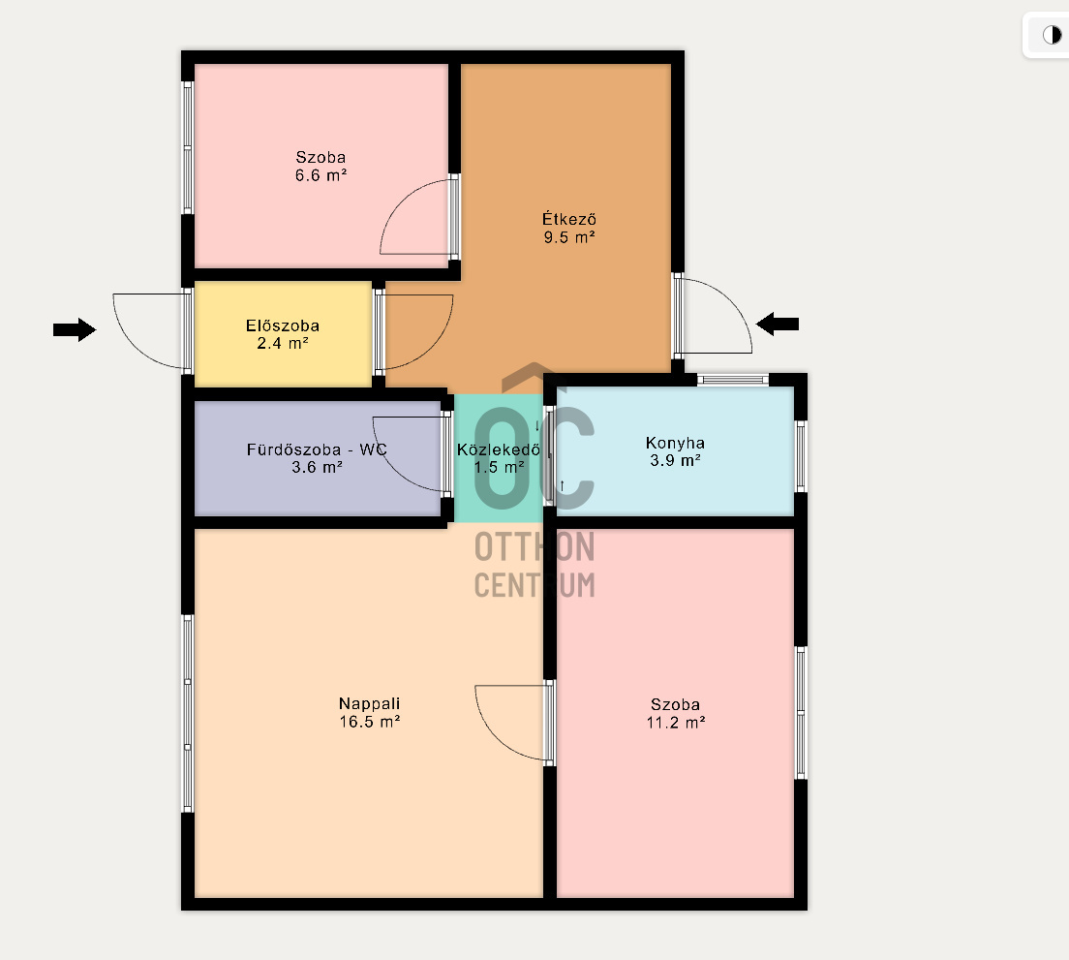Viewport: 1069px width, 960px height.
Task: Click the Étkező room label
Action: (569, 219)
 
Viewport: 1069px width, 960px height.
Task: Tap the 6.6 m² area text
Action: (321, 175)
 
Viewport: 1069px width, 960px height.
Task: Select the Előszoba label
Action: (282, 325)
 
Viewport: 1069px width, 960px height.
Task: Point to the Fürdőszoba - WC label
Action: (317, 449)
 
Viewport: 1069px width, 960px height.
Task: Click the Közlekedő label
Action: (499, 449)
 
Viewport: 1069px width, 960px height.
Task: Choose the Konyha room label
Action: (675, 443)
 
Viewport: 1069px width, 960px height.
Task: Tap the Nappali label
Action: (370, 703)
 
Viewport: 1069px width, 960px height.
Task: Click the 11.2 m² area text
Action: (676, 722)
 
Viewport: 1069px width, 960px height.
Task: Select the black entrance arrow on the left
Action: (75, 330)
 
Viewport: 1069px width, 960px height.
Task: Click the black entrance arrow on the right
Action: (778, 324)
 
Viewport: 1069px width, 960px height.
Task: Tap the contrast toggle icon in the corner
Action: (1052, 34)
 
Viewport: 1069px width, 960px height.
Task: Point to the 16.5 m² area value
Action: (370, 722)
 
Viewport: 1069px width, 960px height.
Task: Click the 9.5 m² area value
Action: (569, 237)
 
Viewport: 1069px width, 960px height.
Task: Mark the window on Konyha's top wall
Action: (733, 380)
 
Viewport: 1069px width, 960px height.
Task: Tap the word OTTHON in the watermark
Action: (534, 546)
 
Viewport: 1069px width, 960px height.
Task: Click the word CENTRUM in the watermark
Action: (534, 585)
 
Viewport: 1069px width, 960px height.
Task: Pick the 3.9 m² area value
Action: (675, 460)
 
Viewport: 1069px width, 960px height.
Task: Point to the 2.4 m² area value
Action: (282, 343)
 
